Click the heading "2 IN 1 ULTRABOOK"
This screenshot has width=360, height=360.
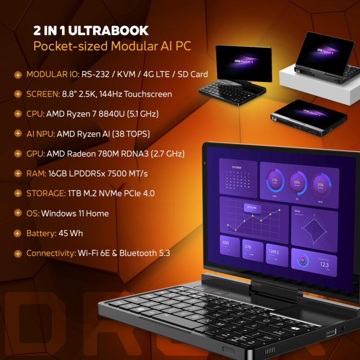(x=91, y=31)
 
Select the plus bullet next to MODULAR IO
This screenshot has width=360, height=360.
(x=18, y=75)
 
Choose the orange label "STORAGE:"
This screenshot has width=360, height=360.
(x=46, y=193)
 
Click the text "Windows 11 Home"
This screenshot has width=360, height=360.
(x=75, y=213)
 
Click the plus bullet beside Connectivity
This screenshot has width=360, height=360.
(x=18, y=253)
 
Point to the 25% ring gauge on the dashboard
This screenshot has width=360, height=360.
(x=320, y=184)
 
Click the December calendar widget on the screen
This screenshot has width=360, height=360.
(x=238, y=180)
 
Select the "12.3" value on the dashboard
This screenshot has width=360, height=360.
(x=324, y=265)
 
